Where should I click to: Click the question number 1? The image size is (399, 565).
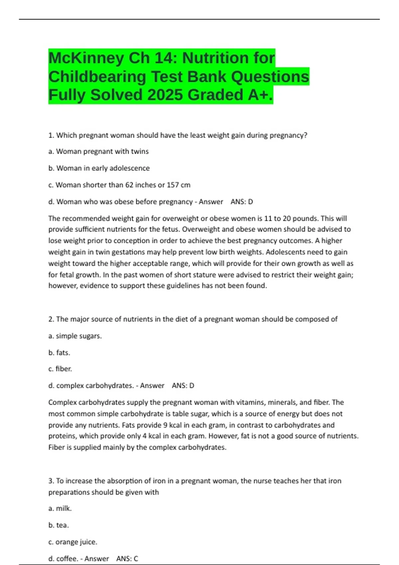[x=51, y=135]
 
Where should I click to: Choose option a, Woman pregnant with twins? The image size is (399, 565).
[x=98, y=152]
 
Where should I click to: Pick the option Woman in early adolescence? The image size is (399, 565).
[x=99, y=168]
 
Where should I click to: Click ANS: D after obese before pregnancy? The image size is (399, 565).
[x=242, y=202]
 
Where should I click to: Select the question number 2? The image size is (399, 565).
[x=51, y=319]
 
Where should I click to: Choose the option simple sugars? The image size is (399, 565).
[x=75, y=336]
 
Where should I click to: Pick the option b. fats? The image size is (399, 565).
[x=59, y=353]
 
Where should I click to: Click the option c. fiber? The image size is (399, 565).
[x=60, y=369]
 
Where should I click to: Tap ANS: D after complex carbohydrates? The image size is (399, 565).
[x=183, y=386]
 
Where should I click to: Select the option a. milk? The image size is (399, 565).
[x=60, y=508]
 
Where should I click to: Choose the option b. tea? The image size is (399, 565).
[x=59, y=525]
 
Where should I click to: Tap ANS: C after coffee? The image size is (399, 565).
[x=127, y=559]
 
